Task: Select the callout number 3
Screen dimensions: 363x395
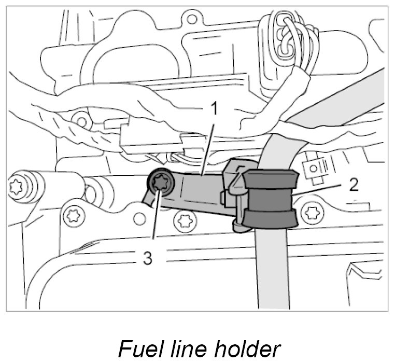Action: coord(147,258)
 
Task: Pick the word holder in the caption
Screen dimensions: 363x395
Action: coord(248,348)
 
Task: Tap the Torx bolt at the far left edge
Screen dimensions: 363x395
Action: coord(19,184)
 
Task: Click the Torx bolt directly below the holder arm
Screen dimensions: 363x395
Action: coord(182,221)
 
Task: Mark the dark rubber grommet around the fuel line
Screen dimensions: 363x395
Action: coord(270,200)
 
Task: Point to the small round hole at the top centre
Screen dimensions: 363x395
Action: coord(192,21)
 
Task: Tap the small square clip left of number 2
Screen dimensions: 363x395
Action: coord(313,167)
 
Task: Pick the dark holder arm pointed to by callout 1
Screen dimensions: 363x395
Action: coord(197,187)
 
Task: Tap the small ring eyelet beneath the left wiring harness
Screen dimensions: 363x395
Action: coord(81,122)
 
